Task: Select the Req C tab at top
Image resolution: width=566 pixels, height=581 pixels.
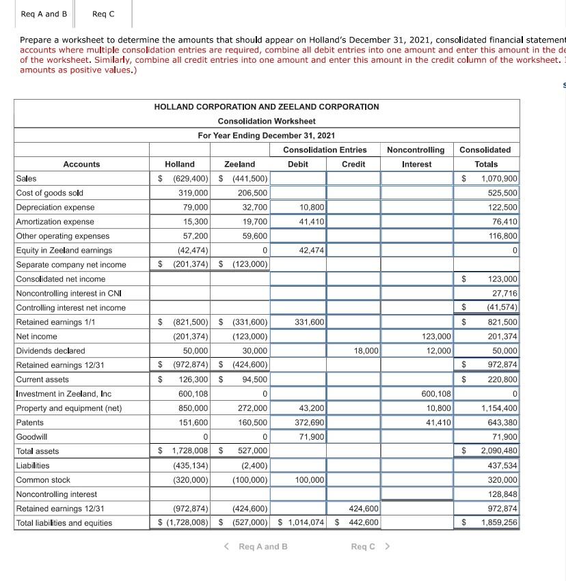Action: [x=103, y=14]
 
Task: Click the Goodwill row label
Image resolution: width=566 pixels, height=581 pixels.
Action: [x=31, y=437]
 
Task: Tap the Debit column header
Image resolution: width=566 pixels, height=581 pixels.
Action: [x=298, y=164]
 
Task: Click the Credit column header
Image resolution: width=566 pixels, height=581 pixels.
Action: [x=353, y=164]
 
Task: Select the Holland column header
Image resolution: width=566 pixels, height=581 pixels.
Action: [x=180, y=164]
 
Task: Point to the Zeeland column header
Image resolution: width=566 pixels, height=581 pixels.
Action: [x=239, y=164]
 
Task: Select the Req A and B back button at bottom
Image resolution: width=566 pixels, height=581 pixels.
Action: [x=257, y=546]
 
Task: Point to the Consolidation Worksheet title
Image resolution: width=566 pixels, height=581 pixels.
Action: [x=267, y=121]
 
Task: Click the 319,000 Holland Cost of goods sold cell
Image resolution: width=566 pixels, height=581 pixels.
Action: [x=193, y=193]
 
